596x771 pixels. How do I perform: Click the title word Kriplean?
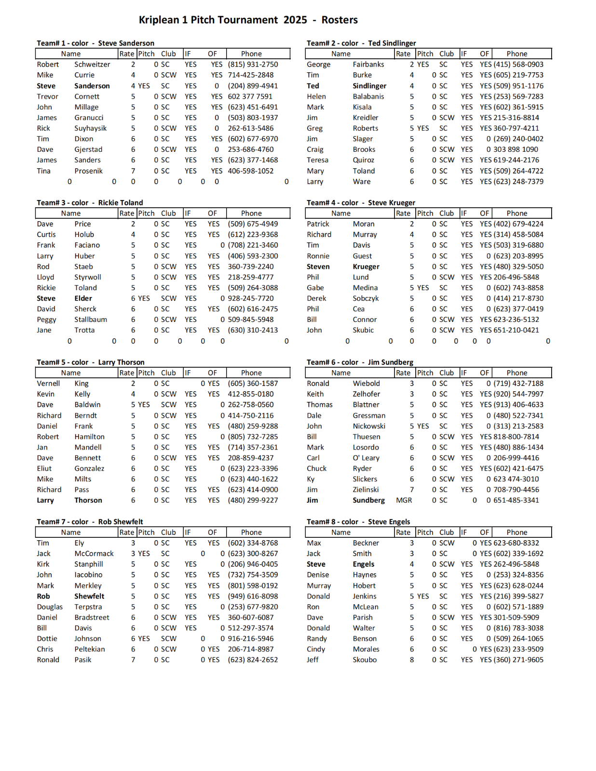[x=159, y=20]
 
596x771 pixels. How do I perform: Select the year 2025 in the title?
[x=295, y=20]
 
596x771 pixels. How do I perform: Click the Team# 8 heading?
[x=321, y=521]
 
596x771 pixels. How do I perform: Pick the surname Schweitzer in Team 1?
[x=92, y=65]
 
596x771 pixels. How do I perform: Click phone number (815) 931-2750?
[x=253, y=65]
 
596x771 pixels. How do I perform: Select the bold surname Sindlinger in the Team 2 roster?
[x=369, y=86]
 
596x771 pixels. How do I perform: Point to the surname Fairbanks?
[x=368, y=65]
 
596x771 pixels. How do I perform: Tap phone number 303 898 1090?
[x=515, y=149]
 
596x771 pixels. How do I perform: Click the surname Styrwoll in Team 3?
[x=88, y=277]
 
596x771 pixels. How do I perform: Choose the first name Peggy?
[x=46, y=319]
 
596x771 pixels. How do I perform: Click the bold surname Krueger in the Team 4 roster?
[x=366, y=266]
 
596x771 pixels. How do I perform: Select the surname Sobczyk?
[x=366, y=298]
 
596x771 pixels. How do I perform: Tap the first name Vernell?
[x=48, y=384]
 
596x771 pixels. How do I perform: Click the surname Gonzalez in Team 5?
[x=89, y=468]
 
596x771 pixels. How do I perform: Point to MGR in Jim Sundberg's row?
[x=404, y=500]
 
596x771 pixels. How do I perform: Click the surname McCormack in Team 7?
[x=94, y=554]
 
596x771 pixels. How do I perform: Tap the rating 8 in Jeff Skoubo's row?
[x=412, y=660]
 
